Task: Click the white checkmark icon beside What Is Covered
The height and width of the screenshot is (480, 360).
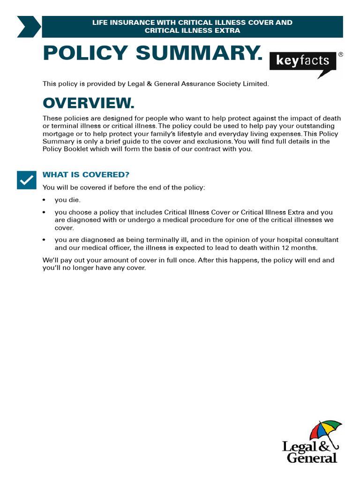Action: [x=27, y=180]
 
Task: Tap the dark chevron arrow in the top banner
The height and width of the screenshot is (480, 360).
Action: [x=29, y=26]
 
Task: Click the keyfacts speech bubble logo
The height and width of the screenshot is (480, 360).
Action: [x=303, y=62]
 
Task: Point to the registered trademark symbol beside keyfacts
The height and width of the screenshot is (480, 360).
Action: [x=340, y=54]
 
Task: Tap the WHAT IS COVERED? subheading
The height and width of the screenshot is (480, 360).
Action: [x=86, y=175]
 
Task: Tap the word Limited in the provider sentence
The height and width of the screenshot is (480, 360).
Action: [x=255, y=84]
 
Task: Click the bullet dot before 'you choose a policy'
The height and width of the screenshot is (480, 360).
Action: [x=45, y=212]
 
